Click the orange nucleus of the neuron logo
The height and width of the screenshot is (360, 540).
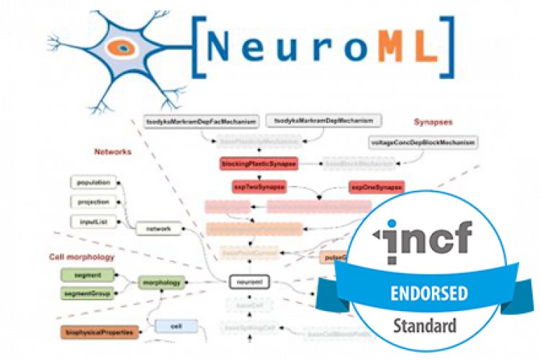pos(123,48)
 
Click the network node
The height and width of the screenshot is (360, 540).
pos(158,228)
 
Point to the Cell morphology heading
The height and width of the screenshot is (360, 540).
pos(82,256)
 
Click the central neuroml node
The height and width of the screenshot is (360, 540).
pos(248,283)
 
